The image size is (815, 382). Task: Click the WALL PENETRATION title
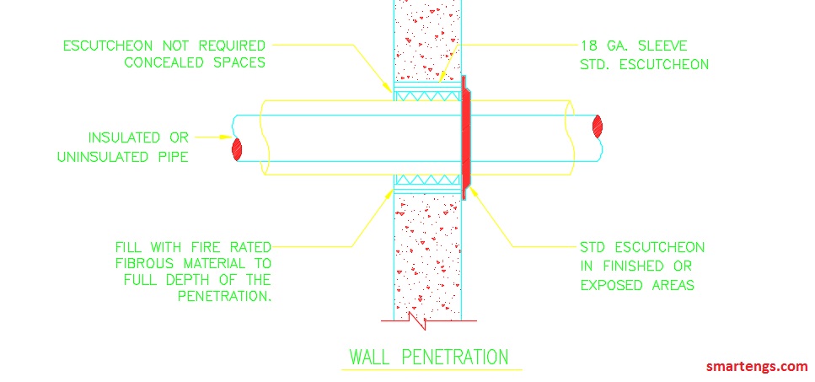pyautogui.click(x=429, y=357)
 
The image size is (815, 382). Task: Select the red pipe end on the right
pyautogui.click(x=598, y=126)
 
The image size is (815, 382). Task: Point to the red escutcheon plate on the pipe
pyautogui.click(x=464, y=137)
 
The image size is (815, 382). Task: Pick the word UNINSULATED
pyautogui.click(x=107, y=156)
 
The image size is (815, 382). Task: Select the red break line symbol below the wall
pyautogui.click(x=419, y=320)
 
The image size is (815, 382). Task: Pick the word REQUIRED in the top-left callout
pyautogui.click(x=231, y=45)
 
